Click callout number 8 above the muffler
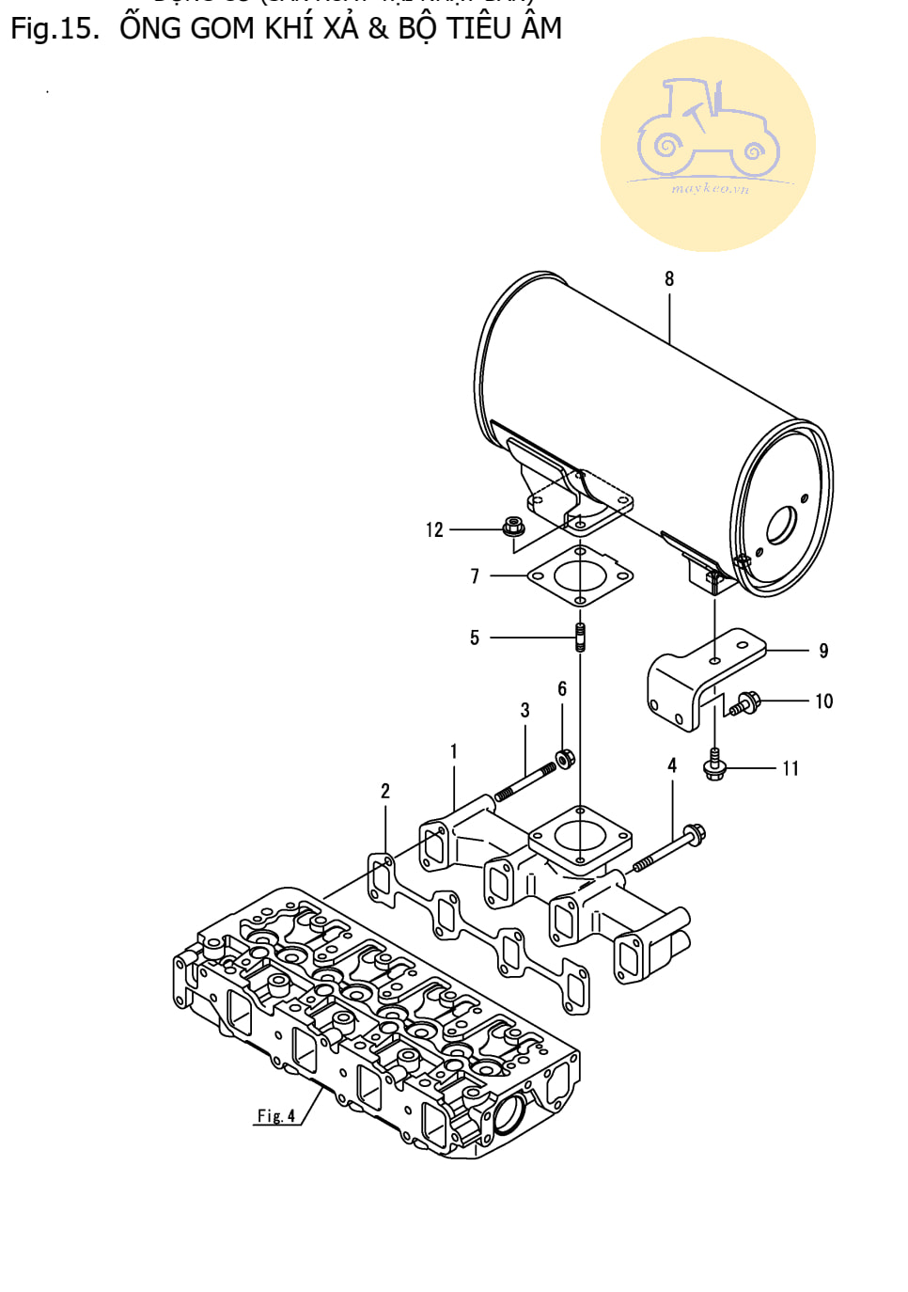click(668, 278)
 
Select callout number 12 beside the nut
click(433, 530)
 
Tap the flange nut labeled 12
click(513, 528)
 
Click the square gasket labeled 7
click(580, 575)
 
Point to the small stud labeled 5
click(580, 637)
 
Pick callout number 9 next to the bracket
click(823, 651)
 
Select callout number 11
click(791, 768)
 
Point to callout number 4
click(671, 765)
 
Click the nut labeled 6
click(565, 758)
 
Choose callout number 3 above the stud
click(524, 711)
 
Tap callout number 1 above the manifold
click(453, 751)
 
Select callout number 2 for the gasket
click(384, 791)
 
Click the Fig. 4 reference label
click(276, 1115)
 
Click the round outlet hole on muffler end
click(780, 526)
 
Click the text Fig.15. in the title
click(55, 28)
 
